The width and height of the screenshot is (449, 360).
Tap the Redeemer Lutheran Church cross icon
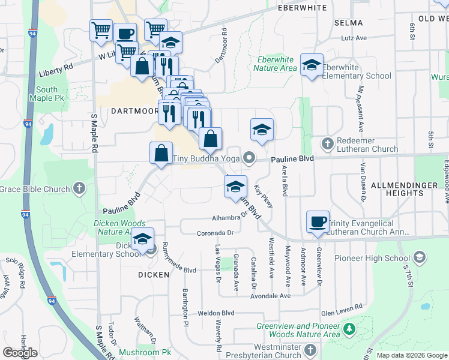point(327,143)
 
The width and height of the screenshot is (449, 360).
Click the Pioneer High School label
point(381,259)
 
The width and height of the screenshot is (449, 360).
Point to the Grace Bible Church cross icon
point(79,189)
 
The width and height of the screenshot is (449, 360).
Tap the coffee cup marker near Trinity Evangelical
point(318,222)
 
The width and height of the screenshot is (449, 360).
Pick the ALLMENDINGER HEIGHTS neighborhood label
point(405,188)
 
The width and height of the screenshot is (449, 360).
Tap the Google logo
point(20,353)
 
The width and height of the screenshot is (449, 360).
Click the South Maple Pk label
point(43,93)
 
